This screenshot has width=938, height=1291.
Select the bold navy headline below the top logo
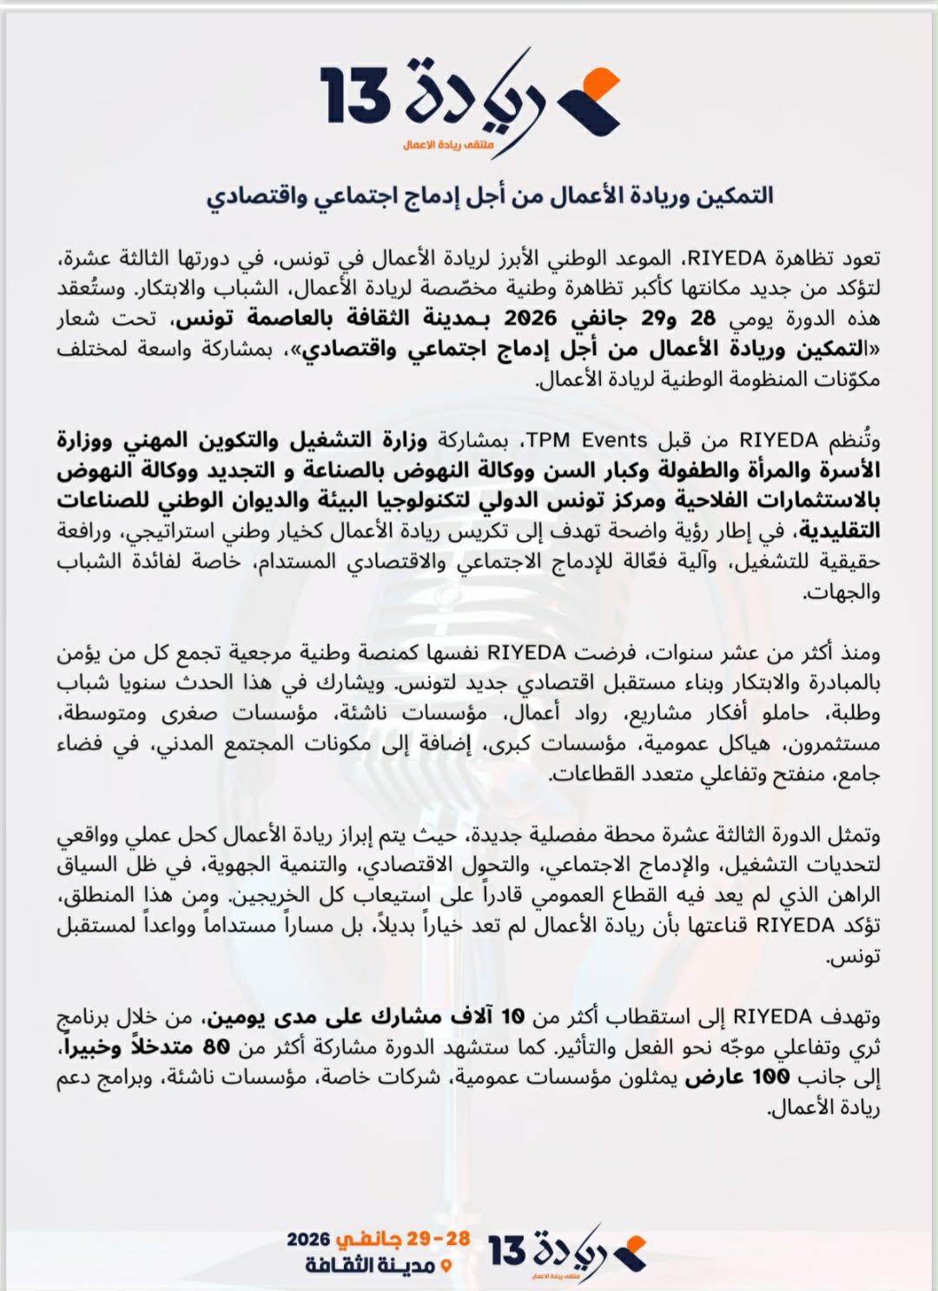pyautogui.click(x=490, y=195)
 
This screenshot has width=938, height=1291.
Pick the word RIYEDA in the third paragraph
pyautogui.click(x=526, y=652)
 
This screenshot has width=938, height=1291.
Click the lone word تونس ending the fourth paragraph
pyautogui.click(x=861, y=956)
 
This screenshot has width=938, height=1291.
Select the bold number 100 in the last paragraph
pyautogui.click(x=770, y=1077)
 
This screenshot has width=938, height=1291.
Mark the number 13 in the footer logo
pyautogui.click(x=508, y=1251)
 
